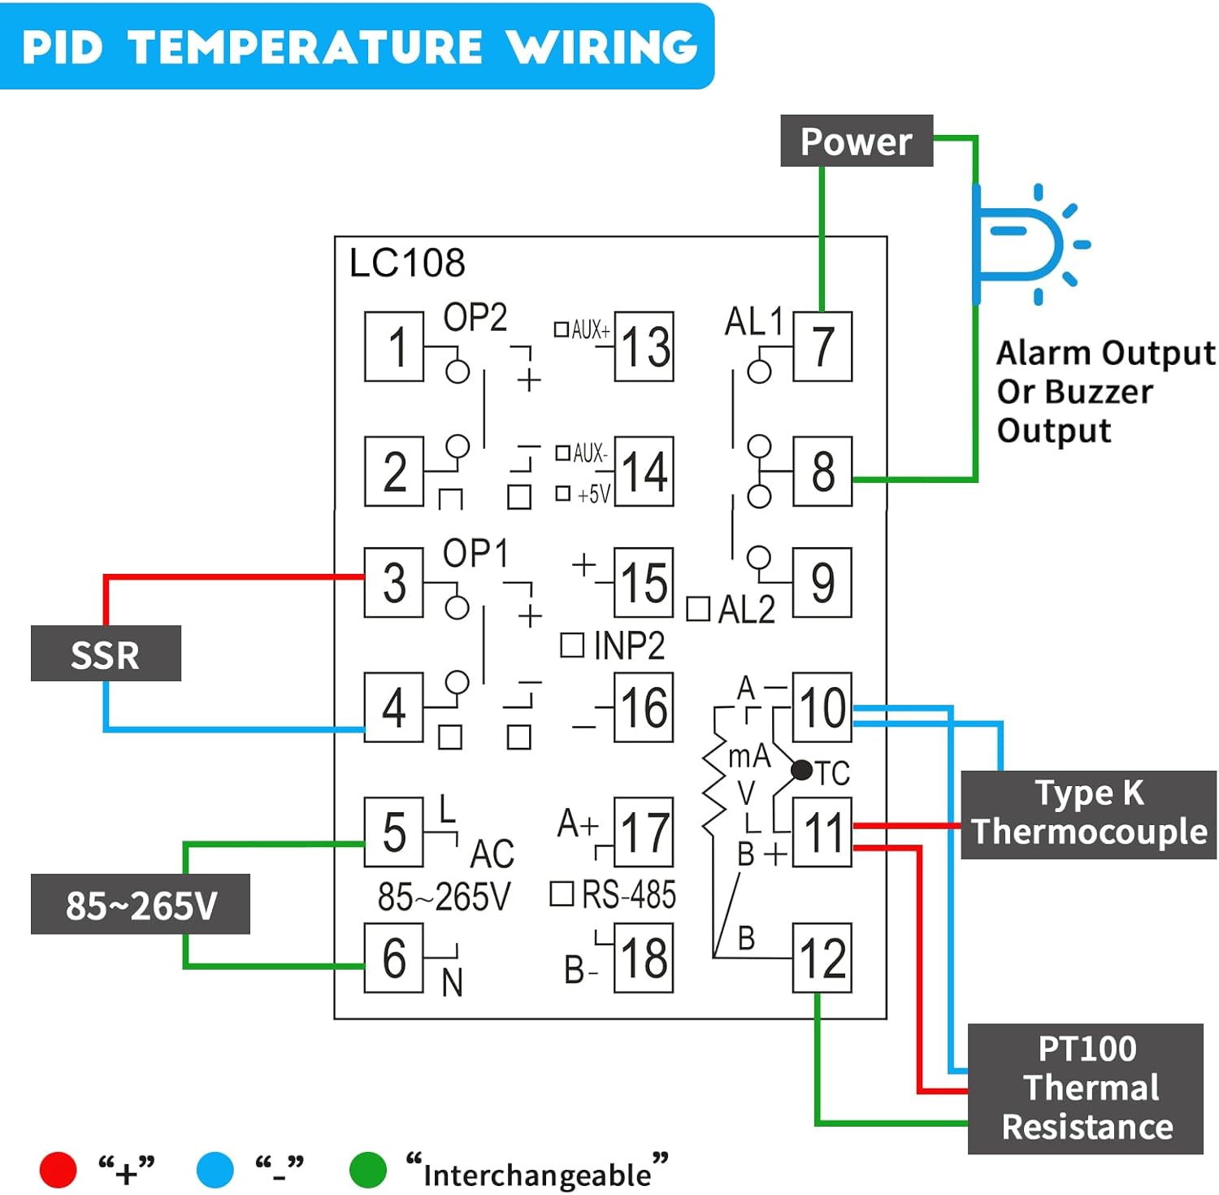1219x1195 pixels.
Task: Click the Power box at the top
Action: pyautogui.click(x=856, y=141)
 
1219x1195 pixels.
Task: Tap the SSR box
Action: pyautogui.click(x=106, y=654)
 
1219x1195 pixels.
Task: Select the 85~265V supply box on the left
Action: pyautogui.click(x=140, y=904)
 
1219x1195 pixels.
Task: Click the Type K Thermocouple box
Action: pyautogui.click(x=1088, y=814)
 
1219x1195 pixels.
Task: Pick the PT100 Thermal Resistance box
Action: pyautogui.click(x=1085, y=1088)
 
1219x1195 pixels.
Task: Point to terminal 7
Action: pyautogui.click(x=822, y=346)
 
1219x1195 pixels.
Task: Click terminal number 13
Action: pyautogui.click(x=644, y=346)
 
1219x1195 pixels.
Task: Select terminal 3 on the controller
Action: pyautogui.click(x=394, y=583)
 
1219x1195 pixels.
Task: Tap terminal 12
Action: pyautogui.click(x=822, y=958)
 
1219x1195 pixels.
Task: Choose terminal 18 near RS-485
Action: pyautogui.click(x=644, y=958)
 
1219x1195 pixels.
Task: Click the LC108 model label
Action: pyautogui.click(x=406, y=263)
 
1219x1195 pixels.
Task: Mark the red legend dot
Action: pyautogui.click(x=58, y=1170)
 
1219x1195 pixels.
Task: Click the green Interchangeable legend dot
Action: pyautogui.click(x=367, y=1170)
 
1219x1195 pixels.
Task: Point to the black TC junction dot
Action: pyautogui.click(x=801, y=769)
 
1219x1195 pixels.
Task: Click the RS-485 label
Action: pyautogui.click(x=628, y=895)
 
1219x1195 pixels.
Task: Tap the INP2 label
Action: pyautogui.click(x=628, y=646)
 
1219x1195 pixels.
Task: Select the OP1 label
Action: pyautogui.click(x=475, y=554)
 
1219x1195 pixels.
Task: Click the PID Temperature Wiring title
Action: pyautogui.click(x=358, y=46)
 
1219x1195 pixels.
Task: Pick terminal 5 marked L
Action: pyautogui.click(x=394, y=832)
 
